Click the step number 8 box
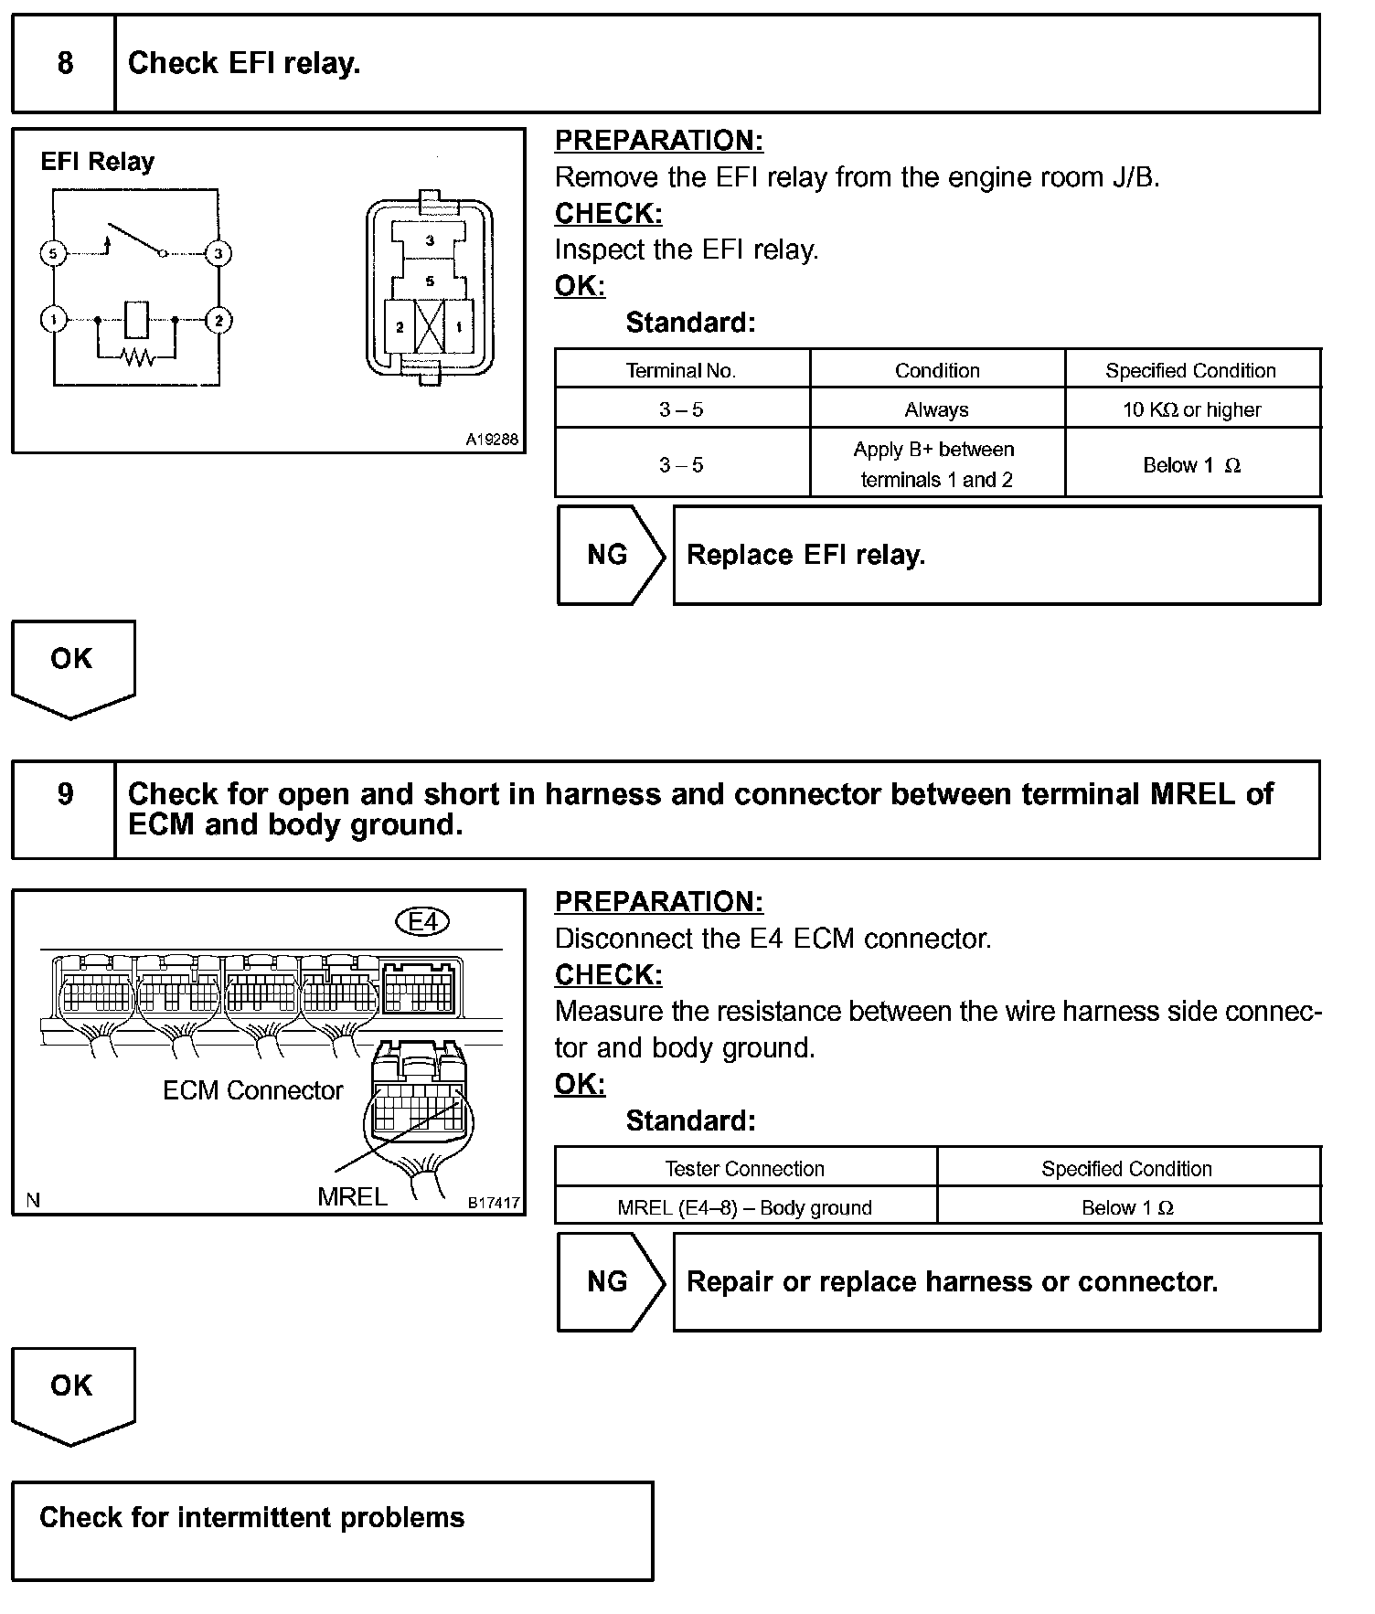[64, 63]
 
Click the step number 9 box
[64, 809]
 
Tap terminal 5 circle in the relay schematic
[53, 253]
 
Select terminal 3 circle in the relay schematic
[218, 253]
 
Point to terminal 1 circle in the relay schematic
[53, 320]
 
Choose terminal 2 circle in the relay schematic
[218, 320]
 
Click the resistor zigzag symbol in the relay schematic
[138, 356]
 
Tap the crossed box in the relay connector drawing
[430, 326]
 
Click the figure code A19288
[492, 440]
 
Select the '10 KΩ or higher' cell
[1192, 409]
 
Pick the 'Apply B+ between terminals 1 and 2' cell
[937, 464]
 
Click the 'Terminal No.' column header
[681, 370]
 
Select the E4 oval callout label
[423, 921]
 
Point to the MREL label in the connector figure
[352, 1196]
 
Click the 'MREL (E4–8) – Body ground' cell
[745, 1207]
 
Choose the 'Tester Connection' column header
[745, 1168]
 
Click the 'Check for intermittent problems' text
[252, 1518]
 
